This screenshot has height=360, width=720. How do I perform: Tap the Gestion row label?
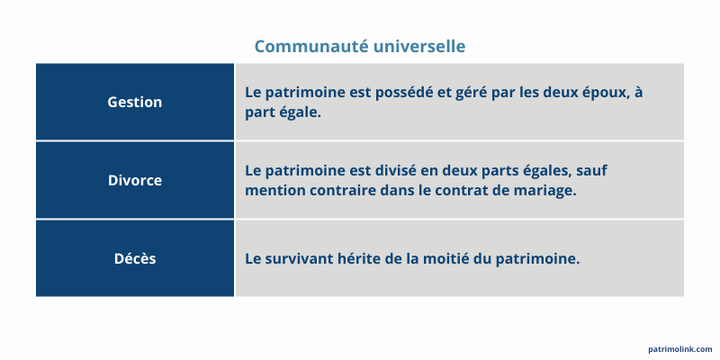click(x=135, y=102)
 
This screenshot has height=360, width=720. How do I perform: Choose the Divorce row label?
click(x=135, y=180)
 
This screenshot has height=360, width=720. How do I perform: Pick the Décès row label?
click(x=135, y=258)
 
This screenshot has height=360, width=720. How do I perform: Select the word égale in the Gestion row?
click(x=300, y=113)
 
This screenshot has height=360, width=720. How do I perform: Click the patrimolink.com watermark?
click(x=679, y=349)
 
